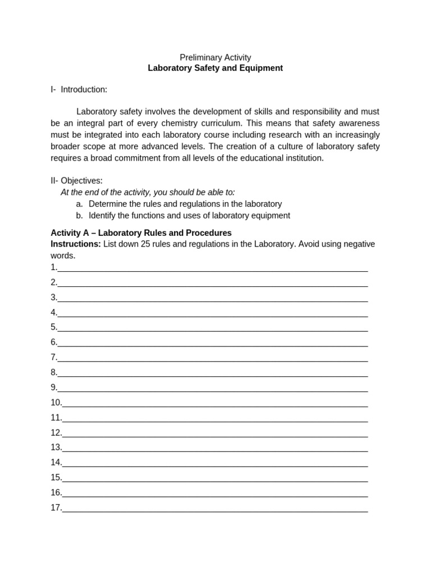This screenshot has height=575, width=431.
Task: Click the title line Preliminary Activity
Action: click(x=215, y=57)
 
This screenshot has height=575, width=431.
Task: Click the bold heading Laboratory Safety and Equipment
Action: click(x=215, y=68)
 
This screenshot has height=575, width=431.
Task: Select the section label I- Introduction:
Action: click(x=79, y=89)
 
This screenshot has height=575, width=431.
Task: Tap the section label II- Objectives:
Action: click(x=76, y=181)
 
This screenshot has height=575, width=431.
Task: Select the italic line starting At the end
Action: click(x=148, y=192)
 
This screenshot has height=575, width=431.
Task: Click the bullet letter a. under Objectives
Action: click(x=80, y=204)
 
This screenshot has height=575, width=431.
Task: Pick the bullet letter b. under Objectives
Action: click(x=80, y=216)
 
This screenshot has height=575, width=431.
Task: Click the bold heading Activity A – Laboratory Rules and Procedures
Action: click(x=141, y=232)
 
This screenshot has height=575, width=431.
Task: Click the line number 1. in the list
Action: click(x=54, y=267)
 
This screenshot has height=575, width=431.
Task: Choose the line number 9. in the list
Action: click(x=54, y=387)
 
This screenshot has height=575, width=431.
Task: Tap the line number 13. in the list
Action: click(x=56, y=448)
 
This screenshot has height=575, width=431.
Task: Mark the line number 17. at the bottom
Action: click(x=56, y=508)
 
